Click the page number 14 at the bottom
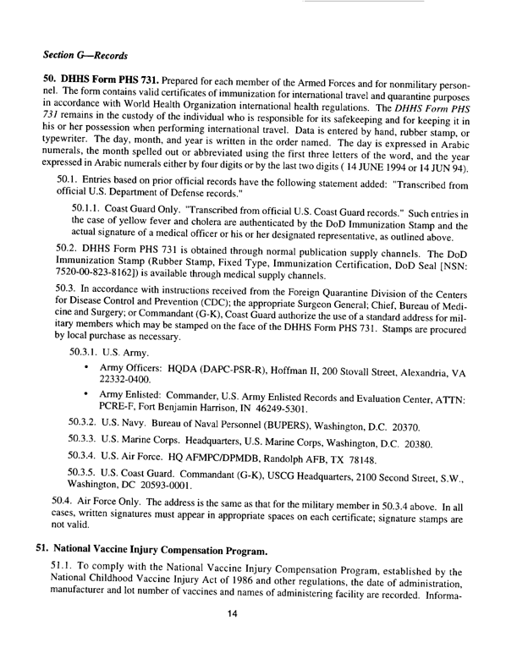point(259,635)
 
